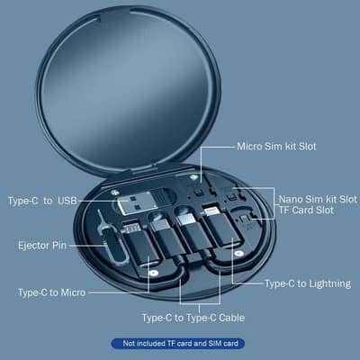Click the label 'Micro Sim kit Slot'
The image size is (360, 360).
pyautogui.click(x=276, y=145)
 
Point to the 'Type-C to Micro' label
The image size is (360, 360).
pyautogui.click(x=59, y=292)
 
